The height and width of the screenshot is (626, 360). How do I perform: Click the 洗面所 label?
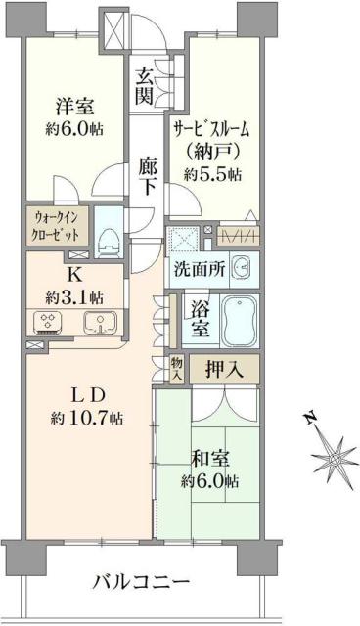[x=200, y=268]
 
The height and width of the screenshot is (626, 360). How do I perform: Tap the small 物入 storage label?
[x=177, y=368]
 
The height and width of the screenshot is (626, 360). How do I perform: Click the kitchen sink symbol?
[x=100, y=323]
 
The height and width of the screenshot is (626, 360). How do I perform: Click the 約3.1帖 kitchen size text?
[x=73, y=295]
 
